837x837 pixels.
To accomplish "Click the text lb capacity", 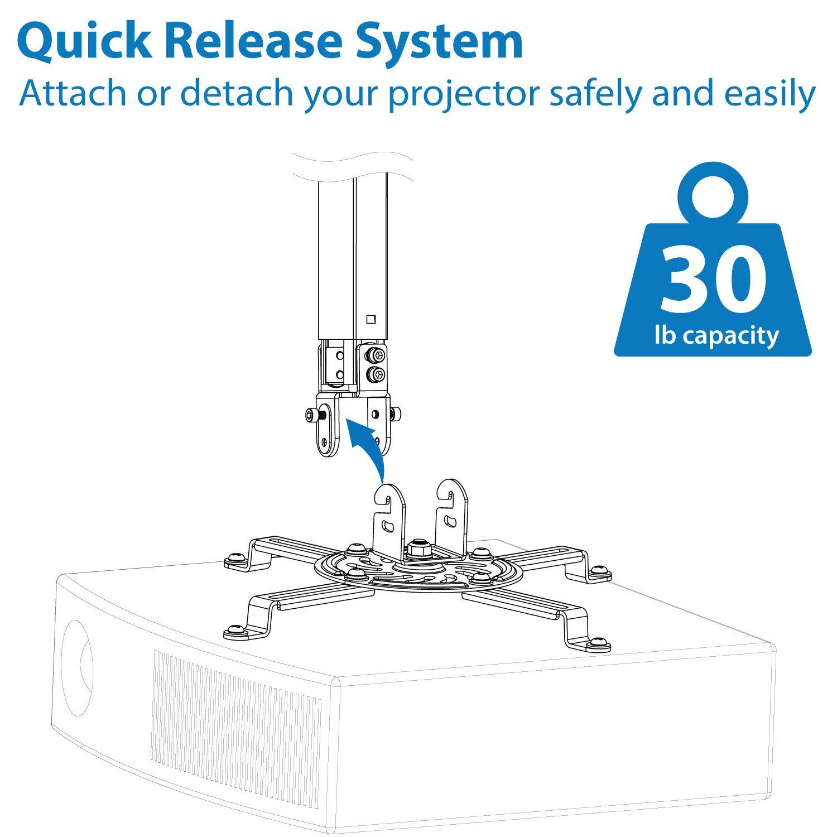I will point(716,336).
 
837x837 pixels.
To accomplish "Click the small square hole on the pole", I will point(370,320).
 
